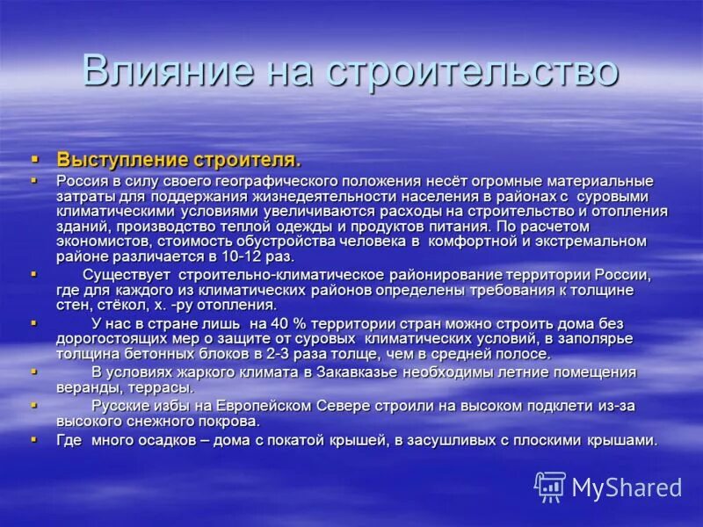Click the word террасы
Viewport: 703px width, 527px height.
pos(165,387)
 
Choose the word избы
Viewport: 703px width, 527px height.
pos(170,406)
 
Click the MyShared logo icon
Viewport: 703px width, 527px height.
pos(550,487)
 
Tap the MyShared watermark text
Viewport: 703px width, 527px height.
pos(627,487)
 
